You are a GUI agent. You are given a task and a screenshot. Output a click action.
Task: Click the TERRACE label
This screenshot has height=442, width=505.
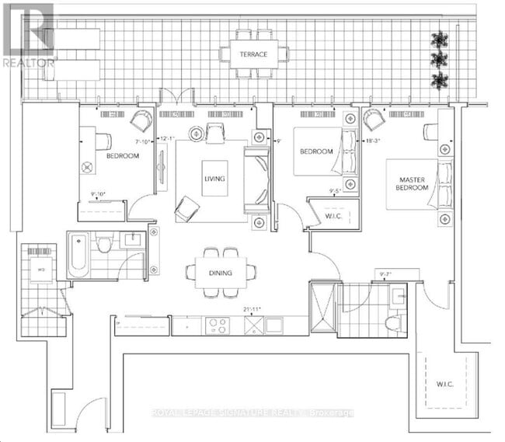(253, 54)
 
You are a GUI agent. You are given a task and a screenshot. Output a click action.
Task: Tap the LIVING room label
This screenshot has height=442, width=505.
(214, 179)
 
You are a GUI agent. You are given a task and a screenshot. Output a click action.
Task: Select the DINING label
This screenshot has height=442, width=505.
(221, 272)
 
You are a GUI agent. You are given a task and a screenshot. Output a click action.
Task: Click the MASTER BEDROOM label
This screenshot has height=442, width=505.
(411, 184)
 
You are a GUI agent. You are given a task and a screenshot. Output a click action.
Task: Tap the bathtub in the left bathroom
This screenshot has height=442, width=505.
(79, 255)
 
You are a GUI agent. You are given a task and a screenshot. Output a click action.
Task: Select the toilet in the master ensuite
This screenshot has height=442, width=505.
(393, 321)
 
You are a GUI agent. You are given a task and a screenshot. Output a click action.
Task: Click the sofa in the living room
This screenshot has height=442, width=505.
(256, 179)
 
